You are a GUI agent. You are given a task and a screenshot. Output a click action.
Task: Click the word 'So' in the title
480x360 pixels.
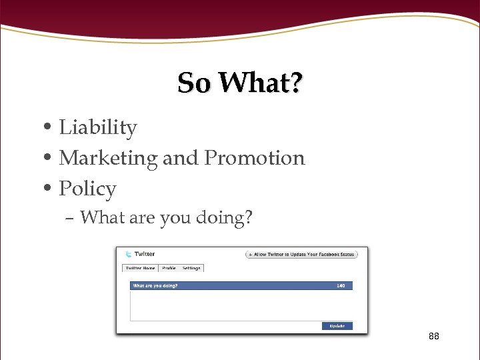pos(195,83)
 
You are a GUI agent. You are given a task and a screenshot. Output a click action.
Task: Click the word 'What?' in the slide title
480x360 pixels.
pos(260,83)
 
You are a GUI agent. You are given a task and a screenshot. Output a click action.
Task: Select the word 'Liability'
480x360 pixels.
pos(98,127)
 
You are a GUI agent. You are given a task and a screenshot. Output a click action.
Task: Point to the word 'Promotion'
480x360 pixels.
pos(254,158)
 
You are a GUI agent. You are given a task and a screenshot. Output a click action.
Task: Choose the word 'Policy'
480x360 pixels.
pos(87,189)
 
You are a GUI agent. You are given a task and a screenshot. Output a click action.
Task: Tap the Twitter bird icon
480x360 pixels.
pos(127,254)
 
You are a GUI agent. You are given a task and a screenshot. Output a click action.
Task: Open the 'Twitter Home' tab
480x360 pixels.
pos(139,268)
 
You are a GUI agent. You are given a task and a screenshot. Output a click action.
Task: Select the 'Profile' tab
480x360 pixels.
pos(169,268)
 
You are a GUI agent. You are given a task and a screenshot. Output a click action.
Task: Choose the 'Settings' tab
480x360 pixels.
pos(191,268)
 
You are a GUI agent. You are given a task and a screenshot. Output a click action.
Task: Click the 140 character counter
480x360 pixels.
pos(341,286)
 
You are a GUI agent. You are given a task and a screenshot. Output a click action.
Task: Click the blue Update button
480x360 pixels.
pos(337,326)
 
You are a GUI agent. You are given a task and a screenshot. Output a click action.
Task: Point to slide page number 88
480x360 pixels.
pos(434,336)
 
